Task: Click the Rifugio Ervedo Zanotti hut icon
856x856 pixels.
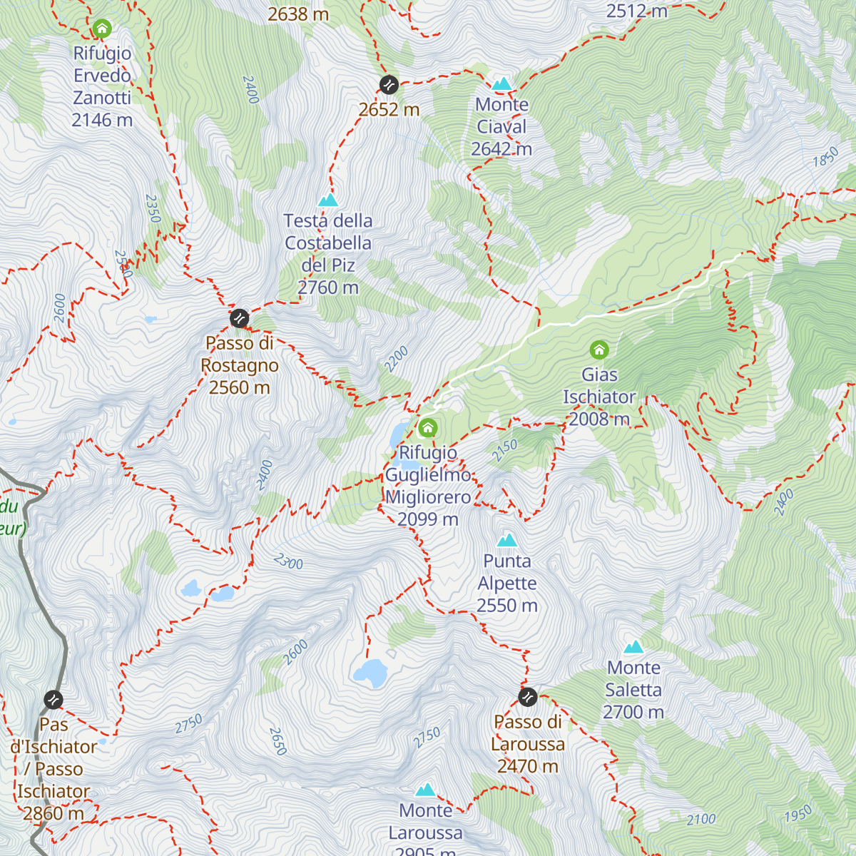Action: [x=102, y=29]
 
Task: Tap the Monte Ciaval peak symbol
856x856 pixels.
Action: [x=502, y=83]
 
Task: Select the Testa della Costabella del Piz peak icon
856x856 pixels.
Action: [x=328, y=200]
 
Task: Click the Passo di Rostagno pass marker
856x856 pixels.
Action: [x=240, y=317]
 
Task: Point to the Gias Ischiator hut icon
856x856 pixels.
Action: [x=599, y=350]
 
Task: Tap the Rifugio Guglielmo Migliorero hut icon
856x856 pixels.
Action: [x=427, y=428]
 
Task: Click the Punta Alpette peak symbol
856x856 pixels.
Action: [x=507, y=540]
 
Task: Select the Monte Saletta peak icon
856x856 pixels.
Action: [x=633, y=647]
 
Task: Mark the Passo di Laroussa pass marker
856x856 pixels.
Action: [x=528, y=697]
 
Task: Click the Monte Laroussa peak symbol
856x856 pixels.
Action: [x=426, y=790]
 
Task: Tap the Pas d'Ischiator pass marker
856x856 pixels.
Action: [x=53, y=700]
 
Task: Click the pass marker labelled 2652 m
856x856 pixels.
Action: [x=389, y=85]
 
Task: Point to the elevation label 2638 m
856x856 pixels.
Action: [x=298, y=14]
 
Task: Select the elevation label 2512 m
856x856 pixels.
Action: [x=636, y=11]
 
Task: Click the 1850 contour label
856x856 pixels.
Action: [x=825, y=157]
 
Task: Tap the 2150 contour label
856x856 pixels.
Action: [x=504, y=450]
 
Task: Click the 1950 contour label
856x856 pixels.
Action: [x=798, y=814]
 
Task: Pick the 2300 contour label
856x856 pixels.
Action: [x=288, y=562]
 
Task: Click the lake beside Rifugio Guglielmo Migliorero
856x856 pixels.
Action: [x=399, y=435]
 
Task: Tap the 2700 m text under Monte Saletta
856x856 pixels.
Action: [x=633, y=712]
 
